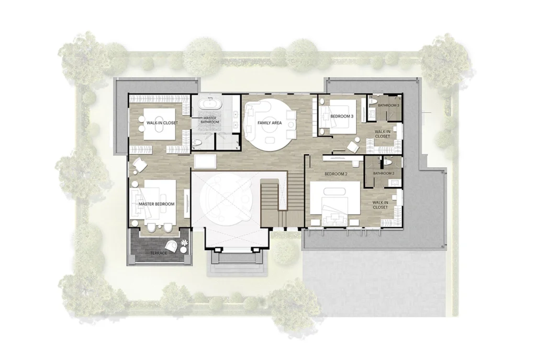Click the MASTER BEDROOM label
pyautogui.click(x=157, y=204)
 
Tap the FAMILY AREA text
pyautogui.click(x=270, y=123)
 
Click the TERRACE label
pyautogui.click(x=159, y=253)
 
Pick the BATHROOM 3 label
pyautogui.click(x=389, y=106)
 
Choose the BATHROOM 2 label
pyautogui.click(x=384, y=173)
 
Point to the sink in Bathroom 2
pyautogui.click(x=393, y=182)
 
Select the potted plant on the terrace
pyautogui.click(x=185, y=242)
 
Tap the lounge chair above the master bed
pyautogui.click(x=140, y=165)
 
